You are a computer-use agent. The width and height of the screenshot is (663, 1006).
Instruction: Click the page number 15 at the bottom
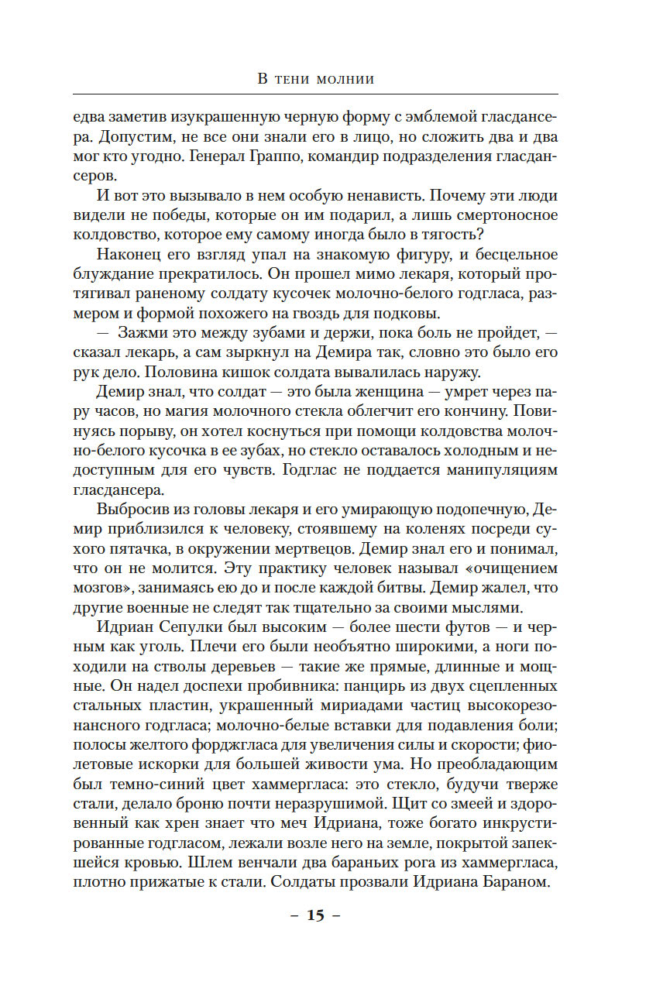pos(315,915)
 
